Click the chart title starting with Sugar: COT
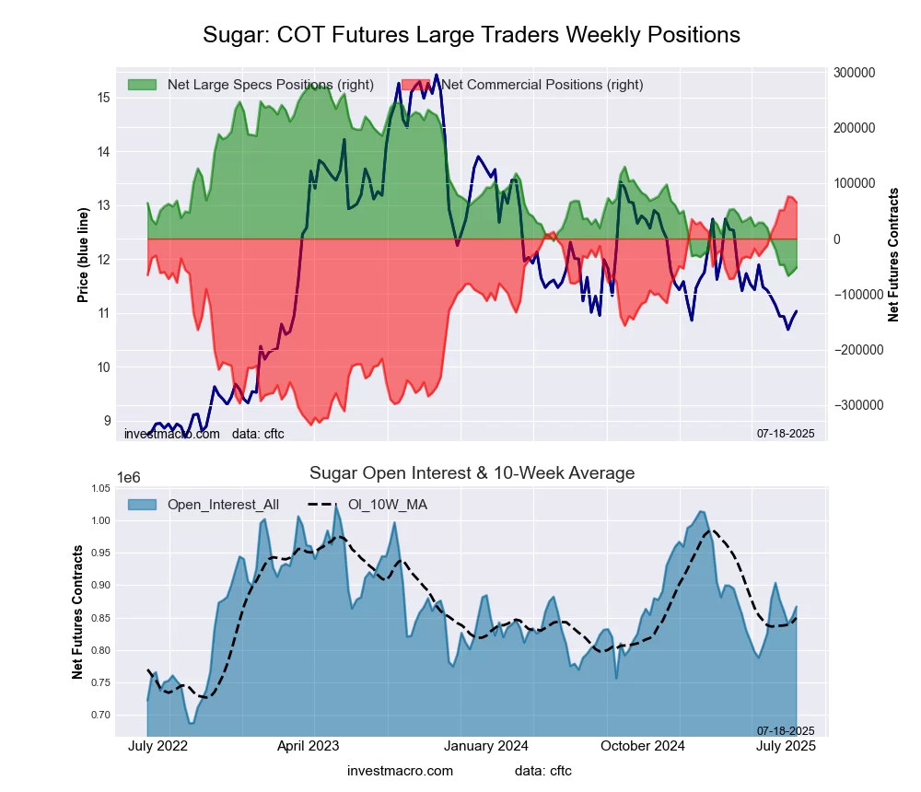tap(472, 35)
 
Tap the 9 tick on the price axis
tap(107, 421)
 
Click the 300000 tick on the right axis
tap(853, 73)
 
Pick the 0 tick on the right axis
tap(836, 239)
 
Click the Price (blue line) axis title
tap(83, 255)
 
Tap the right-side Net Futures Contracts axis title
tap(893, 255)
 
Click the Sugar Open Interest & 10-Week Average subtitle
tap(472, 473)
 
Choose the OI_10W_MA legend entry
tap(387, 505)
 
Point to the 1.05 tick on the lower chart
tap(100, 488)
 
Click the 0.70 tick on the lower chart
tap(100, 715)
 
